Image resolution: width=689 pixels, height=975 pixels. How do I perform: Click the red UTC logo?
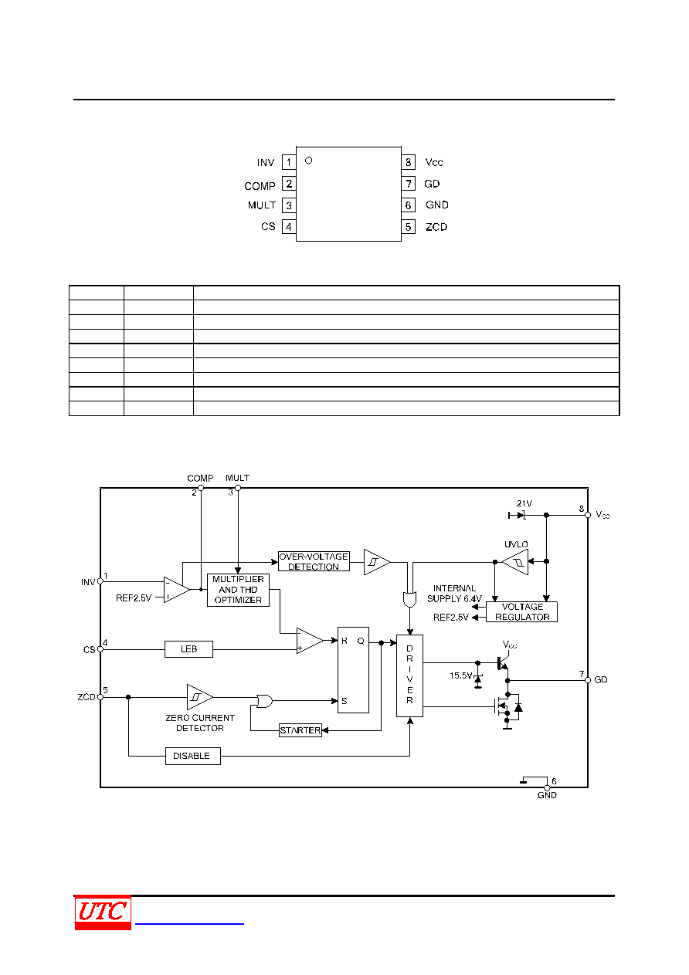(x=103, y=912)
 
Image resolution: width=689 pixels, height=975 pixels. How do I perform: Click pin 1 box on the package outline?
(x=289, y=162)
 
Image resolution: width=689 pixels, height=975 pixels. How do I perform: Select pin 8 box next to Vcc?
(x=408, y=162)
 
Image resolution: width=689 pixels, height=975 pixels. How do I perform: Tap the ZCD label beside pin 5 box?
(x=436, y=227)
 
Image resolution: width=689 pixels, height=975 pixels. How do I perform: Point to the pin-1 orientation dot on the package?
(x=309, y=161)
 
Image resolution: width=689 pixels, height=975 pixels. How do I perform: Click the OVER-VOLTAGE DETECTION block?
(x=314, y=561)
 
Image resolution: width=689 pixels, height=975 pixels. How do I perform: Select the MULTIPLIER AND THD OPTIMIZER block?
(x=238, y=590)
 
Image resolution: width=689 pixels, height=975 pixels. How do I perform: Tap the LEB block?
(x=188, y=649)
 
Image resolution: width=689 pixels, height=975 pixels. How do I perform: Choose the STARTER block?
(x=300, y=730)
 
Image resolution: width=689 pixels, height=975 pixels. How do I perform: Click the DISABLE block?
(x=193, y=756)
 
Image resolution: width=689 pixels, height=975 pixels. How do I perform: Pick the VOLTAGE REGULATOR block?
(x=521, y=611)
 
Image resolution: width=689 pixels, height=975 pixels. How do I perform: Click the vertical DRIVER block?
(x=409, y=675)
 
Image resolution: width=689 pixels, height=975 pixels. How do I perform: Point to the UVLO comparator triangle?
(x=515, y=562)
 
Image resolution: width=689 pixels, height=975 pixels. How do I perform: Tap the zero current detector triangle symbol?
(x=199, y=697)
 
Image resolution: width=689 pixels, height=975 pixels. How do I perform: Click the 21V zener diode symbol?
(x=519, y=516)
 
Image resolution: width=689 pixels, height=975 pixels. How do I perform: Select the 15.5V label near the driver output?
(x=461, y=675)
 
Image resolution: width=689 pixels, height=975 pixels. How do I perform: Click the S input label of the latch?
(x=344, y=701)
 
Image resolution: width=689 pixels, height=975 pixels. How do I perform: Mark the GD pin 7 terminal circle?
(x=588, y=680)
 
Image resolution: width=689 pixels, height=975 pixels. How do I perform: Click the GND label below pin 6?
(x=547, y=795)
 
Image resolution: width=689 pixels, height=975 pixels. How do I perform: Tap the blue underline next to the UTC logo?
(x=189, y=923)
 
